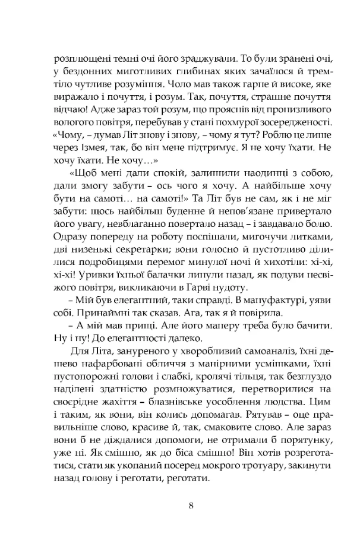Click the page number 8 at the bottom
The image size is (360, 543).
[190, 506]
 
